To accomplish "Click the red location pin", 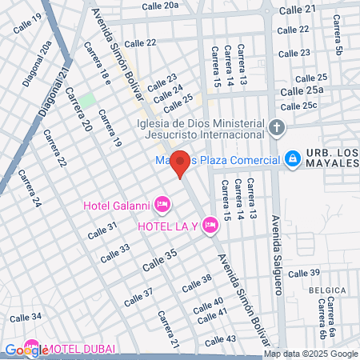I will (180, 163).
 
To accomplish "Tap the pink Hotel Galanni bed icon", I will (162, 206).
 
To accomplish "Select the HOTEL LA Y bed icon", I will (210, 225).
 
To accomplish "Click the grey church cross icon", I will (277, 127).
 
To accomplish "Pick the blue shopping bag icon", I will (293, 158).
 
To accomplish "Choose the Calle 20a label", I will (161, 6).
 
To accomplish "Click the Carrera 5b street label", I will (339, 44).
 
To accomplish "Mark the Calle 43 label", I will (220, 338).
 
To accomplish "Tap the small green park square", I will (87, 100).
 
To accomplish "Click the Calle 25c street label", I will (321, 105).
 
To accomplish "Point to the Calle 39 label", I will (303, 274).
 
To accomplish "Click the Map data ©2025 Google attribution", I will (311, 354).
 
